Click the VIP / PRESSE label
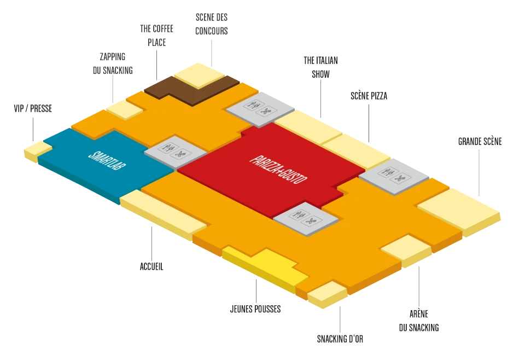tap(33, 108)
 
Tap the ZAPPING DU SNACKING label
tap(113, 63)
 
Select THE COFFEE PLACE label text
tap(157, 35)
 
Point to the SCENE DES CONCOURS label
tap(212, 24)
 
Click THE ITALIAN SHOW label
tap(321, 67)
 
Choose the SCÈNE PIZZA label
tap(369, 96)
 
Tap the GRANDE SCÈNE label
tap(480, 142)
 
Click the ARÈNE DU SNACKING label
tap(419, 321)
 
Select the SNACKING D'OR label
tap(340, 339)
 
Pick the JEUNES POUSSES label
tap(255, 309)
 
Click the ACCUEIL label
tap(151, 266)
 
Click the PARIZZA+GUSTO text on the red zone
tap(278, 170)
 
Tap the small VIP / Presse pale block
tap(36, 150)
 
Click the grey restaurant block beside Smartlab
tap(176, 152)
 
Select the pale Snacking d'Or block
tap(328, 294)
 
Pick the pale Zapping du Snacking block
tap(125, 109)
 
